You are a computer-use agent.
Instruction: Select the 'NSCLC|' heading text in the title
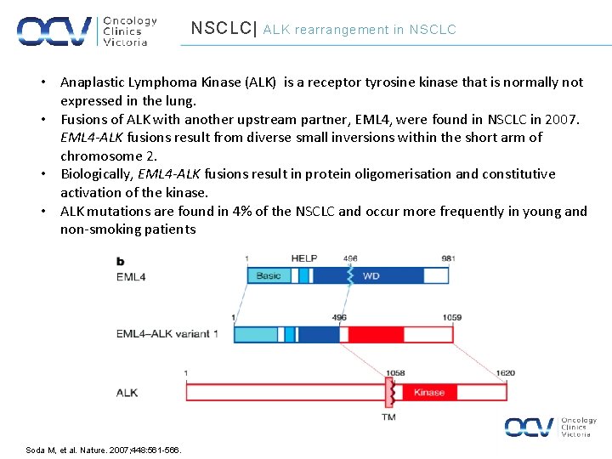(x=224, y=29)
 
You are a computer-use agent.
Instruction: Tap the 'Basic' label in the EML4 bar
(x=269, y=275)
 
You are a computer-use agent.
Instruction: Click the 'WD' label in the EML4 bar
(x=371, y=275)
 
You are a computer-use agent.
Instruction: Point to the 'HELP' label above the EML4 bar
(x=303, y=258)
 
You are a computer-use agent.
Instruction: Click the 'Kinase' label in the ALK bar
(x=429, y=392)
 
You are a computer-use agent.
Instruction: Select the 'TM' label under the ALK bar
(x=388, y=416)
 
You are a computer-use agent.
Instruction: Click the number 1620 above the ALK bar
(x=505, y=373)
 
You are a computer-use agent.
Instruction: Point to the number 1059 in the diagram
(x=451, y=318)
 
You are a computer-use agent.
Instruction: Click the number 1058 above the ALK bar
(x=395, y=373)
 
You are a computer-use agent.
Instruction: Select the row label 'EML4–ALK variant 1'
(x=167, y=334)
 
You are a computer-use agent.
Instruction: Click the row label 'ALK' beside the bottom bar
(x=127, y=393)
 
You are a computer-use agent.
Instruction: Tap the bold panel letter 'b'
(x=121, y=261)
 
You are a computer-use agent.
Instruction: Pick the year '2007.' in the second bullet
(x=562, y=119)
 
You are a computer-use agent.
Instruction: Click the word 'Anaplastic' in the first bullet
(x=93, y=82)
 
